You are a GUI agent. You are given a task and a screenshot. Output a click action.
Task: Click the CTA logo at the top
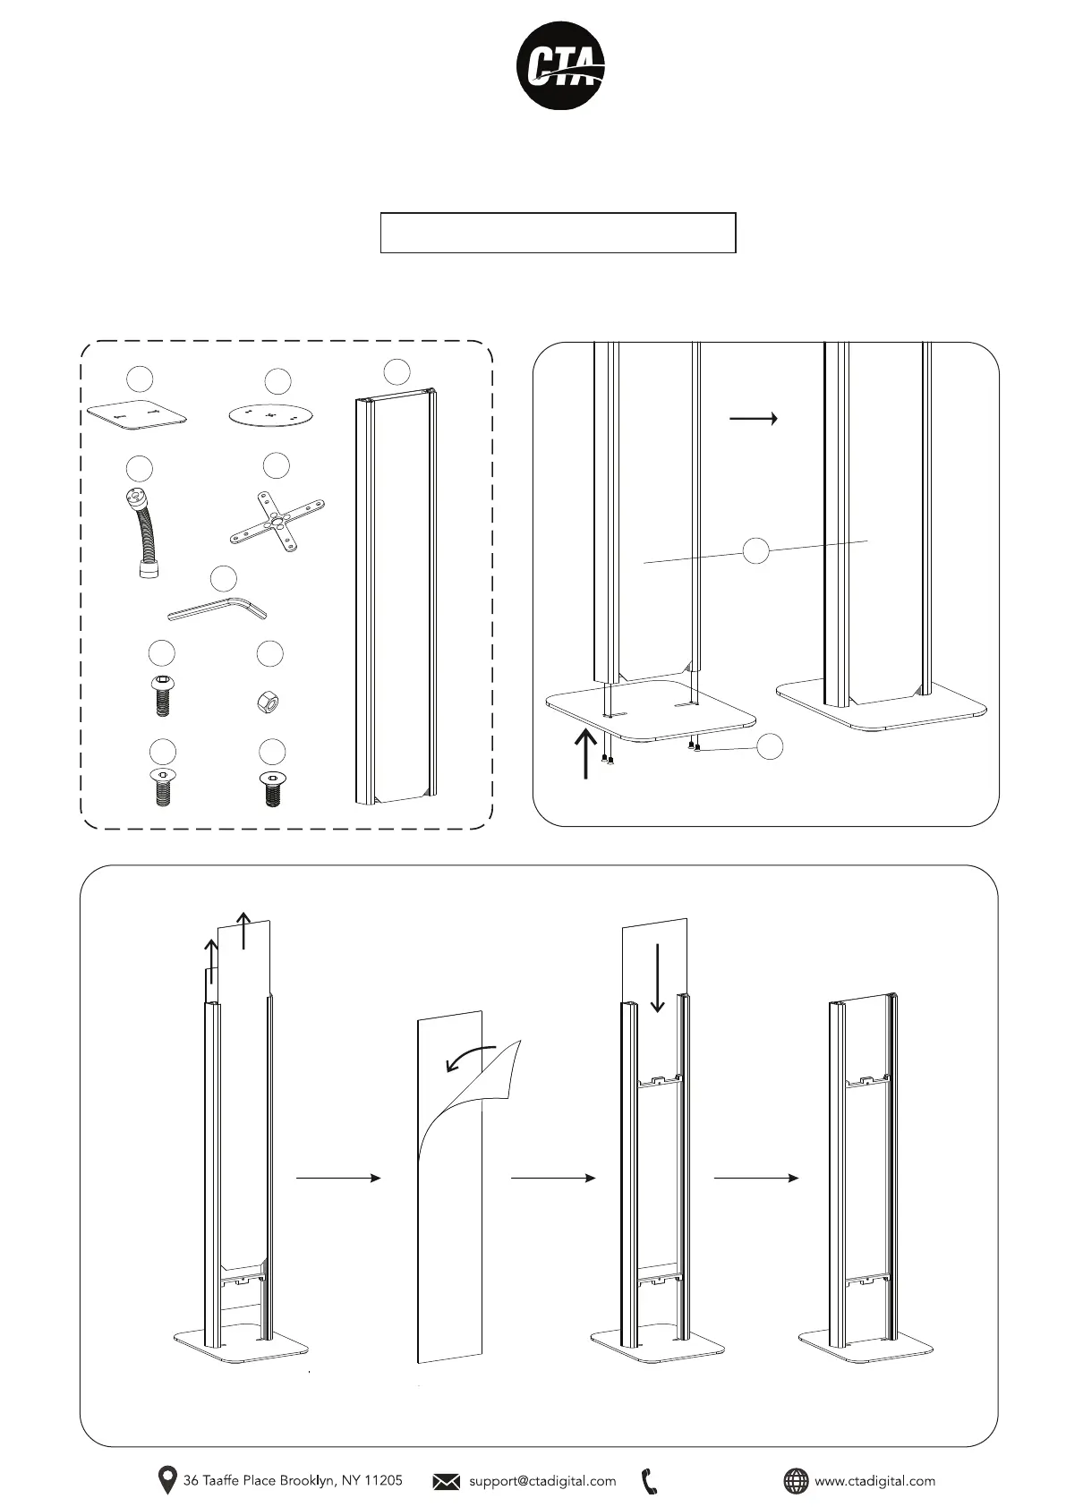pyautogui.click(x=561, y=65)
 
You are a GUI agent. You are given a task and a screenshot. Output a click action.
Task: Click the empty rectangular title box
pyautogui.click(x=558, y=233)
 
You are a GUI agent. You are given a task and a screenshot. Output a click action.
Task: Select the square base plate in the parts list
pyautogui.click(x=138, y=415)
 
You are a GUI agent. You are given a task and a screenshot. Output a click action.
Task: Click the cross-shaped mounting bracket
pyautogui.click(x=277, y=522)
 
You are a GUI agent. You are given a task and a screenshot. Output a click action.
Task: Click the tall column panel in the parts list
pyautogui.click(x=395, y=595)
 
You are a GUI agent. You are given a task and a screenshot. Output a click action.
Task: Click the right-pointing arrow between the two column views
pyautogui.click(x=754, y=418)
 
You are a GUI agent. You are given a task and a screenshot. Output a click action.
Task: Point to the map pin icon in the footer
pyautogui.click(x=166, y=1480)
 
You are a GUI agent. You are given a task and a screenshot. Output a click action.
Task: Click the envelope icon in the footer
pyautogui.click(x=446, y=1481)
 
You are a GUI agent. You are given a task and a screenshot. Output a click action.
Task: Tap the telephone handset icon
pyautogui.click(x=651, y=1481)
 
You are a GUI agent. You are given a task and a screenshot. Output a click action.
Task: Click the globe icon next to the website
pyautogui.click(x=795, y=1481)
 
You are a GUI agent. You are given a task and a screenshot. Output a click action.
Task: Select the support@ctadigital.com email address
pyautogui.click(x=542, y=1481)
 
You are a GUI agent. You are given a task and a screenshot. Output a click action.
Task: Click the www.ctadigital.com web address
pyautogui.click(x=874, y=1481)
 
